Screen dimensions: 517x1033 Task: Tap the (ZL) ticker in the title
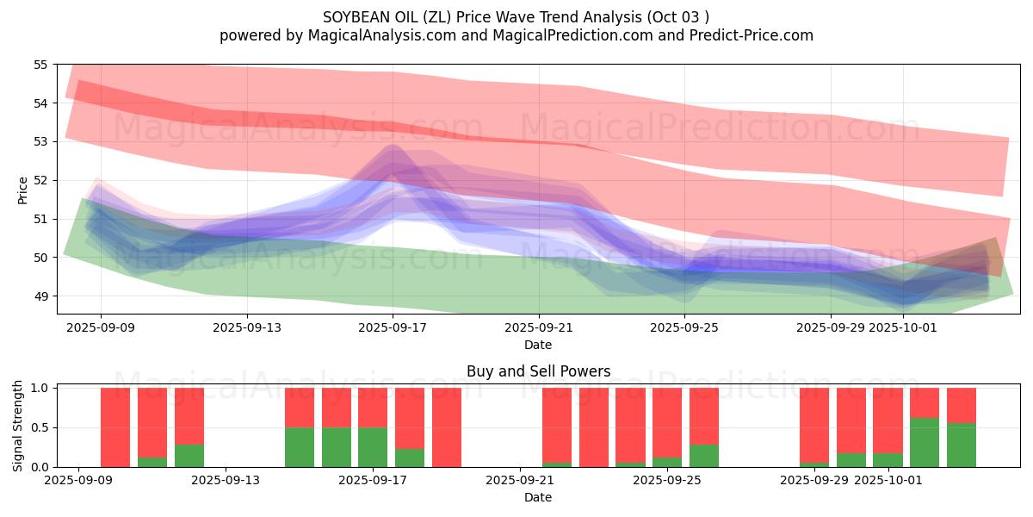[430, 16]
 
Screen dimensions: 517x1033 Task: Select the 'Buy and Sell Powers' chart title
[538, 371]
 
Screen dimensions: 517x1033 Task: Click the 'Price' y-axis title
[22, 190]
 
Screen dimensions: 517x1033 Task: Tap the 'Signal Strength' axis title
[18, 427]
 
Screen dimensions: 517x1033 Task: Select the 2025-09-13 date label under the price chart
[247, 327]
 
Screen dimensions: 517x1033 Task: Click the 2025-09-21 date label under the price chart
[539, 327]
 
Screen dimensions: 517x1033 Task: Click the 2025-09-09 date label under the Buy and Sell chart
[78, 480]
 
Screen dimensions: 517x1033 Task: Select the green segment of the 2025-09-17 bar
[373, 447]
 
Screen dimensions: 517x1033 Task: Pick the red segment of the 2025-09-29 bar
[814, 425]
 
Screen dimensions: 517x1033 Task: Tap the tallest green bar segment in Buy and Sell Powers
[925, 443]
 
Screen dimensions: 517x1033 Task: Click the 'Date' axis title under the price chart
[538, 345]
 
